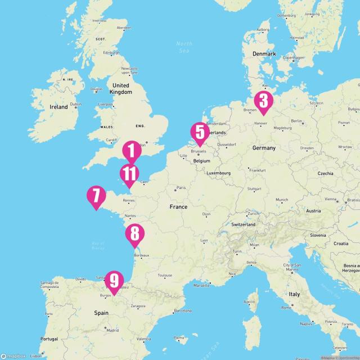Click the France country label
178,207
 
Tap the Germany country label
264,148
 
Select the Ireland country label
58,107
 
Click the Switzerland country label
243,224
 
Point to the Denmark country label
264,54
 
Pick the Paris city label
181,188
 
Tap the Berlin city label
297,121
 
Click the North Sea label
184,47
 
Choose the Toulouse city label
165,276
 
